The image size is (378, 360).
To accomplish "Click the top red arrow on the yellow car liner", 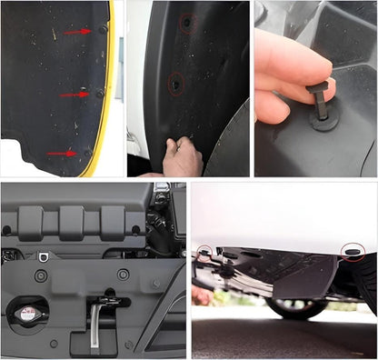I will point(75,33).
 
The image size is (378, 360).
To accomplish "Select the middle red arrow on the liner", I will point(72,94).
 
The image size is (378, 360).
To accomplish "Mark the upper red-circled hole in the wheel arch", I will point(186,22).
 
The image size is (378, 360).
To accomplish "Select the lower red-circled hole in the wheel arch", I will point(174,85).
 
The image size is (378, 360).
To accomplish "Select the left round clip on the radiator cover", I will point(41,275).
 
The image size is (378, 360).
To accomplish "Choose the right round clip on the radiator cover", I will point(123,274).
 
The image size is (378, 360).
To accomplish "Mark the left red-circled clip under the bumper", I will point(208,251).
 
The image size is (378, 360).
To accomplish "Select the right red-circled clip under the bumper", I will point(351,250).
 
